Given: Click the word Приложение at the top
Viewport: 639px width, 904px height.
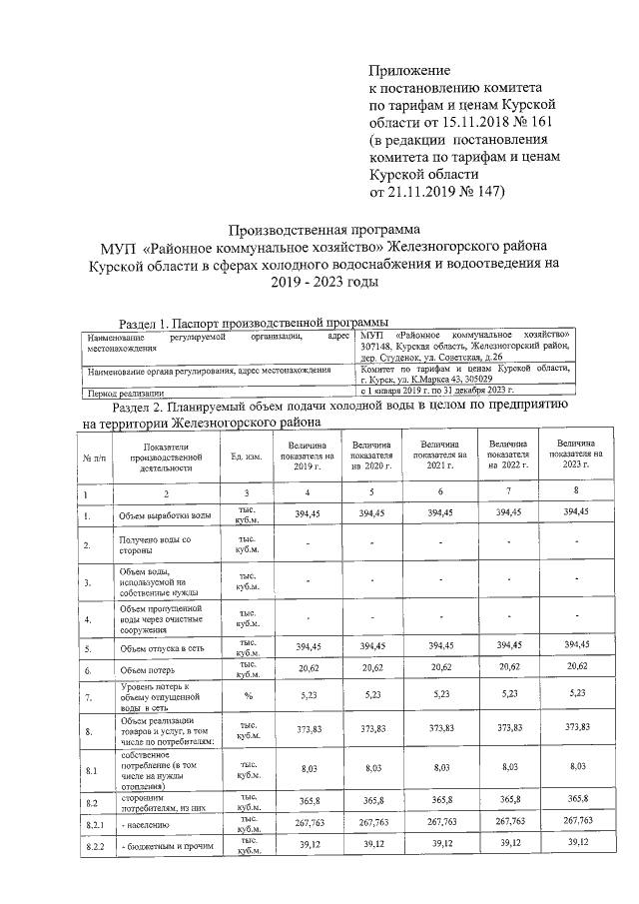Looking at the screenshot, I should coord(410,71).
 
